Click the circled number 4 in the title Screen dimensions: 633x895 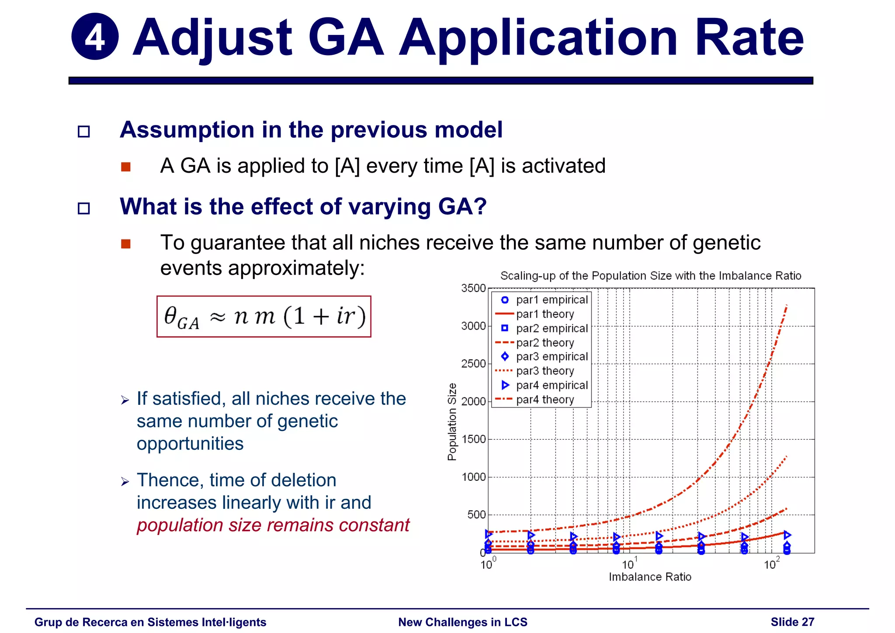[x=95, y=37]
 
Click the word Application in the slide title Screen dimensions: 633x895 [x=538, y=38]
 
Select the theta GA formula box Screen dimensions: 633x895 [x=264, y=316]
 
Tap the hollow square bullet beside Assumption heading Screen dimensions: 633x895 [x=83, y=132]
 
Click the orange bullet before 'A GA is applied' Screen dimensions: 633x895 [x=126, y=167]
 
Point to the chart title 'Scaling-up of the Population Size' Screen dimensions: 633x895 [x=650, y=276]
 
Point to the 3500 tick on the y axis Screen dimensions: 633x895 [x=473, y=289]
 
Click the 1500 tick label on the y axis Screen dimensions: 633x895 [x=473, y=439]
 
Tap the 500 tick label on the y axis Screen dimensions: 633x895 [x=476, y=515]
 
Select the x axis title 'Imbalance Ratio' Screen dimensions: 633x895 [x=650, y=577]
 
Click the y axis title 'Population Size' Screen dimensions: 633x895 [x=452, y=421]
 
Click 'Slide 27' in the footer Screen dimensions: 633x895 [x=792, y=622]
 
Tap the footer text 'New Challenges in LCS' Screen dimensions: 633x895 [x=462, y=622]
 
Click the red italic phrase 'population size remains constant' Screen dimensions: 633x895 [x=273, y=525]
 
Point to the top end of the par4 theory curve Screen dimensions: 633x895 [x=787, y=306]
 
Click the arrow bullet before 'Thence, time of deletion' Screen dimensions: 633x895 [x=125, y=482]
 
